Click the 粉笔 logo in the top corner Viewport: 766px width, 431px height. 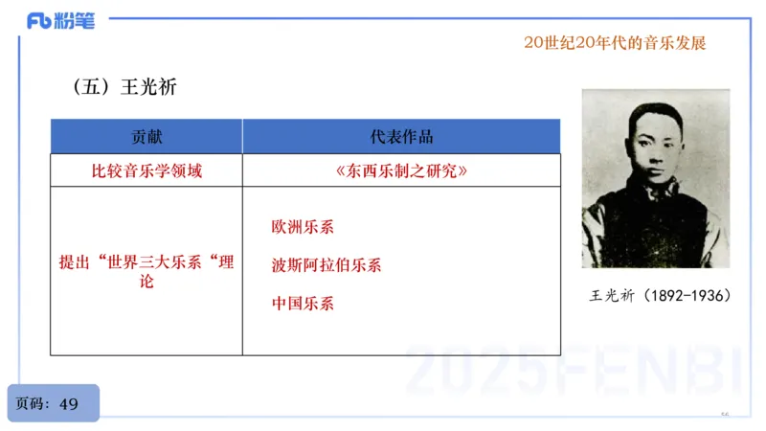point(60,21)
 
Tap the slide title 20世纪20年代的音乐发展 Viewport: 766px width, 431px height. point(615,43)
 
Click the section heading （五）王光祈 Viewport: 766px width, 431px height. point(124,87)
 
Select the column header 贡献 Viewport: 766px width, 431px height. point(146,136)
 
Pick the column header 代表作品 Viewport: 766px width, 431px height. point(401,136)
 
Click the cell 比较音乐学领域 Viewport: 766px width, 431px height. point(146,170)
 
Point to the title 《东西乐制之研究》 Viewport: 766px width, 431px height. point(401,170)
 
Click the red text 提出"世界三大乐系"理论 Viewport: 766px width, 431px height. point(146,270)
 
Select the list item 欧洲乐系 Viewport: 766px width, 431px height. point(303,228)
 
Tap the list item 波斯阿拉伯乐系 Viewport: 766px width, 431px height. point(327,265)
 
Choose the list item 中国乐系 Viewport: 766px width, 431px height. point(303,304)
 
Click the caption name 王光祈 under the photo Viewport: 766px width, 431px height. point(614,297)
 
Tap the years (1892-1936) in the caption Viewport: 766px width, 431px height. point(687,297)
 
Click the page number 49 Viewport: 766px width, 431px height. point(69,403)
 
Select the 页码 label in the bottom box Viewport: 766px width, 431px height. point(33,403)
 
